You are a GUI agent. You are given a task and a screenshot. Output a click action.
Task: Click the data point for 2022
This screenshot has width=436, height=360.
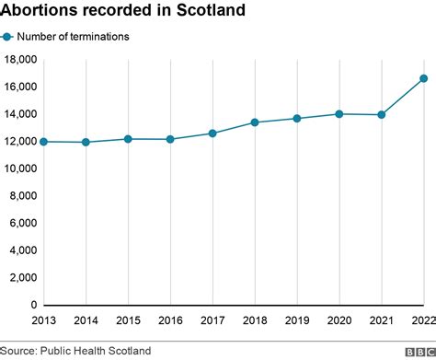pos(423,78)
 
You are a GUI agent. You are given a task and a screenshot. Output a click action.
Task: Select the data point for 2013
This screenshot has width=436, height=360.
pos(44,142)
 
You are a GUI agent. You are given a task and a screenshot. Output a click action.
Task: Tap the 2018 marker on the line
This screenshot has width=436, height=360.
pos(255,122)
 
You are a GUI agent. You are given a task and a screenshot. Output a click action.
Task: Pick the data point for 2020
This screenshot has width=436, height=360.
pos(339,114)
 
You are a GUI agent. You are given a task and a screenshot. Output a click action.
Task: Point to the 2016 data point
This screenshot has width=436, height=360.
pos(170,139)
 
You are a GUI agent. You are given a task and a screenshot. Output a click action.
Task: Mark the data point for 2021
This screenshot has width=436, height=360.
pos(381,115)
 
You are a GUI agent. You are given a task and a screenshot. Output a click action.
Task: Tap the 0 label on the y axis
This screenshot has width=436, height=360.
pos(32,305)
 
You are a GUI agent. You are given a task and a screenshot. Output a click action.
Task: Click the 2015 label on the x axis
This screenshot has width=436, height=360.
pos(128,321)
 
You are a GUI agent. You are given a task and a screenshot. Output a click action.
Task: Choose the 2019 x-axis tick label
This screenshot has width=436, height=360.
pos(296,321)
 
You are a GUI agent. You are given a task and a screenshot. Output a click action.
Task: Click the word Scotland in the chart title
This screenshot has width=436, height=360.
pos(211,12)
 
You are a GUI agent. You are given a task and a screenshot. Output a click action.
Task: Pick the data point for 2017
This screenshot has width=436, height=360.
pos(212,134)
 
